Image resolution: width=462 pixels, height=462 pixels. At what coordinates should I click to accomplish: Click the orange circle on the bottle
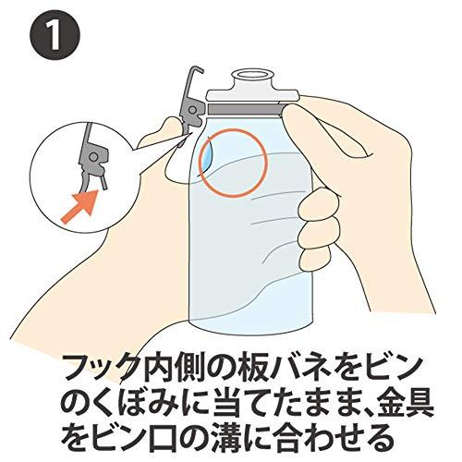click(x=231, y=157)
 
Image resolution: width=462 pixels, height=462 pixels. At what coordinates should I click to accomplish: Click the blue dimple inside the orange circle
click(x=207, y=152)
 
